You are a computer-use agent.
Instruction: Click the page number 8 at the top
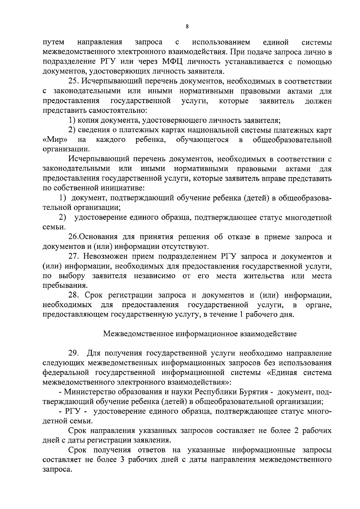tap(187, 27)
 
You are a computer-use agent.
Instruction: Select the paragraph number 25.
tap(73, 82)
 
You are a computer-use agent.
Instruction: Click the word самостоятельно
tap(117, 111)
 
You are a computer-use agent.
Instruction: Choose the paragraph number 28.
tap(73, 296)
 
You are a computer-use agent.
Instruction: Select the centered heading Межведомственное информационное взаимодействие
tap(200, 334)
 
